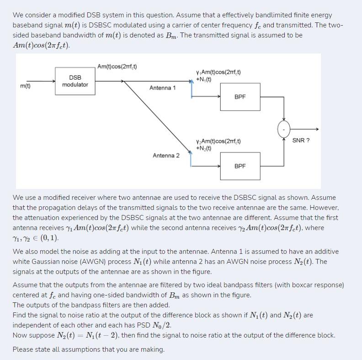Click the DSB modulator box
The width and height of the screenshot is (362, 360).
point(75,81)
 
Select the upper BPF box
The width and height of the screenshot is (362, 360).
point(240,97)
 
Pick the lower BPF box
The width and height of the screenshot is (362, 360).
point(240,166)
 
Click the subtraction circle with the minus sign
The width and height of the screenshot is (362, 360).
point(284,129)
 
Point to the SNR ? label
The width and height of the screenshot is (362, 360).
point(301,140)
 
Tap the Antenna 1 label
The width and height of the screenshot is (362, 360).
point(162,88)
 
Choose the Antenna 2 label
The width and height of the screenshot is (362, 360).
point(166,156)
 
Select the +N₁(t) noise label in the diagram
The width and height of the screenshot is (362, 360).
point(204,80)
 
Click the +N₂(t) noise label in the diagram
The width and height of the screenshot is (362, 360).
point(204,148)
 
